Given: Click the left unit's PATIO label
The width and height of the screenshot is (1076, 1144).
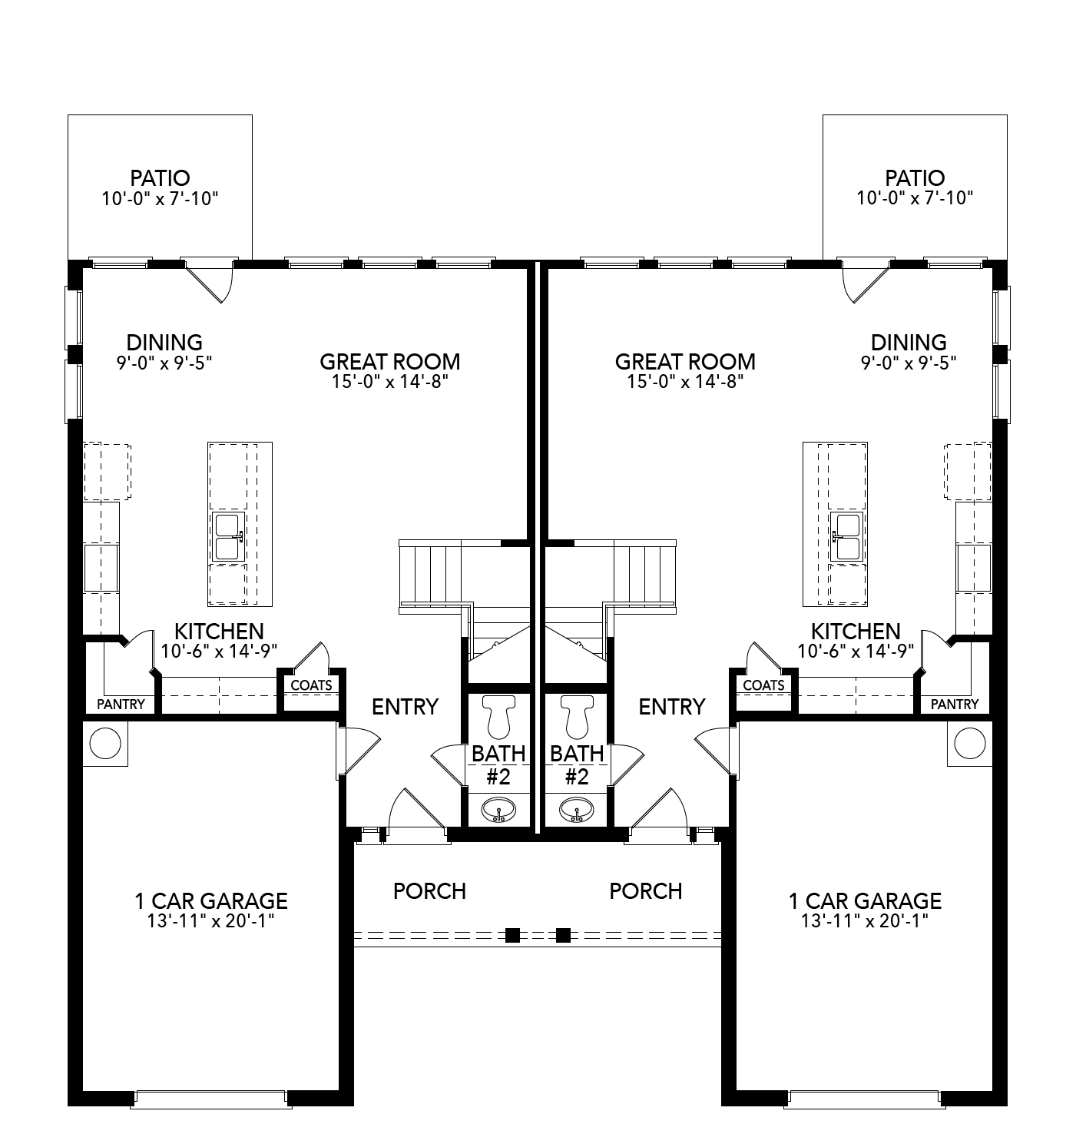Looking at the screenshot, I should click(160, 178).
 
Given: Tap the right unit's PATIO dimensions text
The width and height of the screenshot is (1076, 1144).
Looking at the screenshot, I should click(915, 198).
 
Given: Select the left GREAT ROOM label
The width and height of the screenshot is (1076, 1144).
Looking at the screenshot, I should click(389, 361).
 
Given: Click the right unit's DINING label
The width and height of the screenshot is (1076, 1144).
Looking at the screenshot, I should click(909, 342).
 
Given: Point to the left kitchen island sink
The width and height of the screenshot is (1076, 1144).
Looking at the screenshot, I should click(227, 536).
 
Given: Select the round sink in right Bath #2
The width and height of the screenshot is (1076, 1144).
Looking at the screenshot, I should click(576, 809).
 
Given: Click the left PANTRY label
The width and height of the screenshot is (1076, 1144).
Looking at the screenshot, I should click(121, 704).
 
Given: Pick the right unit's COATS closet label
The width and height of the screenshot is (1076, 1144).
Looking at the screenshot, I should click(763, 685).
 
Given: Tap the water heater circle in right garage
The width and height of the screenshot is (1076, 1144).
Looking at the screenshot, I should click(969, 743).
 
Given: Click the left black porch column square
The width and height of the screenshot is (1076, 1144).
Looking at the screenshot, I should click(512, 935).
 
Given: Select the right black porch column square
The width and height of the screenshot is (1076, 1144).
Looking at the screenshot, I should click(563, 935).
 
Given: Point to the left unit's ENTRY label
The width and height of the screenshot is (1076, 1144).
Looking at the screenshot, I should click(405, 706).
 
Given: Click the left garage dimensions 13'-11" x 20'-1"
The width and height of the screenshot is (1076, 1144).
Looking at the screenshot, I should click(210, 920).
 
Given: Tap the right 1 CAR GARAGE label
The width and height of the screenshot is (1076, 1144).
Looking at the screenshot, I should click(865, 900).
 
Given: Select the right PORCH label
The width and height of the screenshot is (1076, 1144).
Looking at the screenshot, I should click(645, 890).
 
